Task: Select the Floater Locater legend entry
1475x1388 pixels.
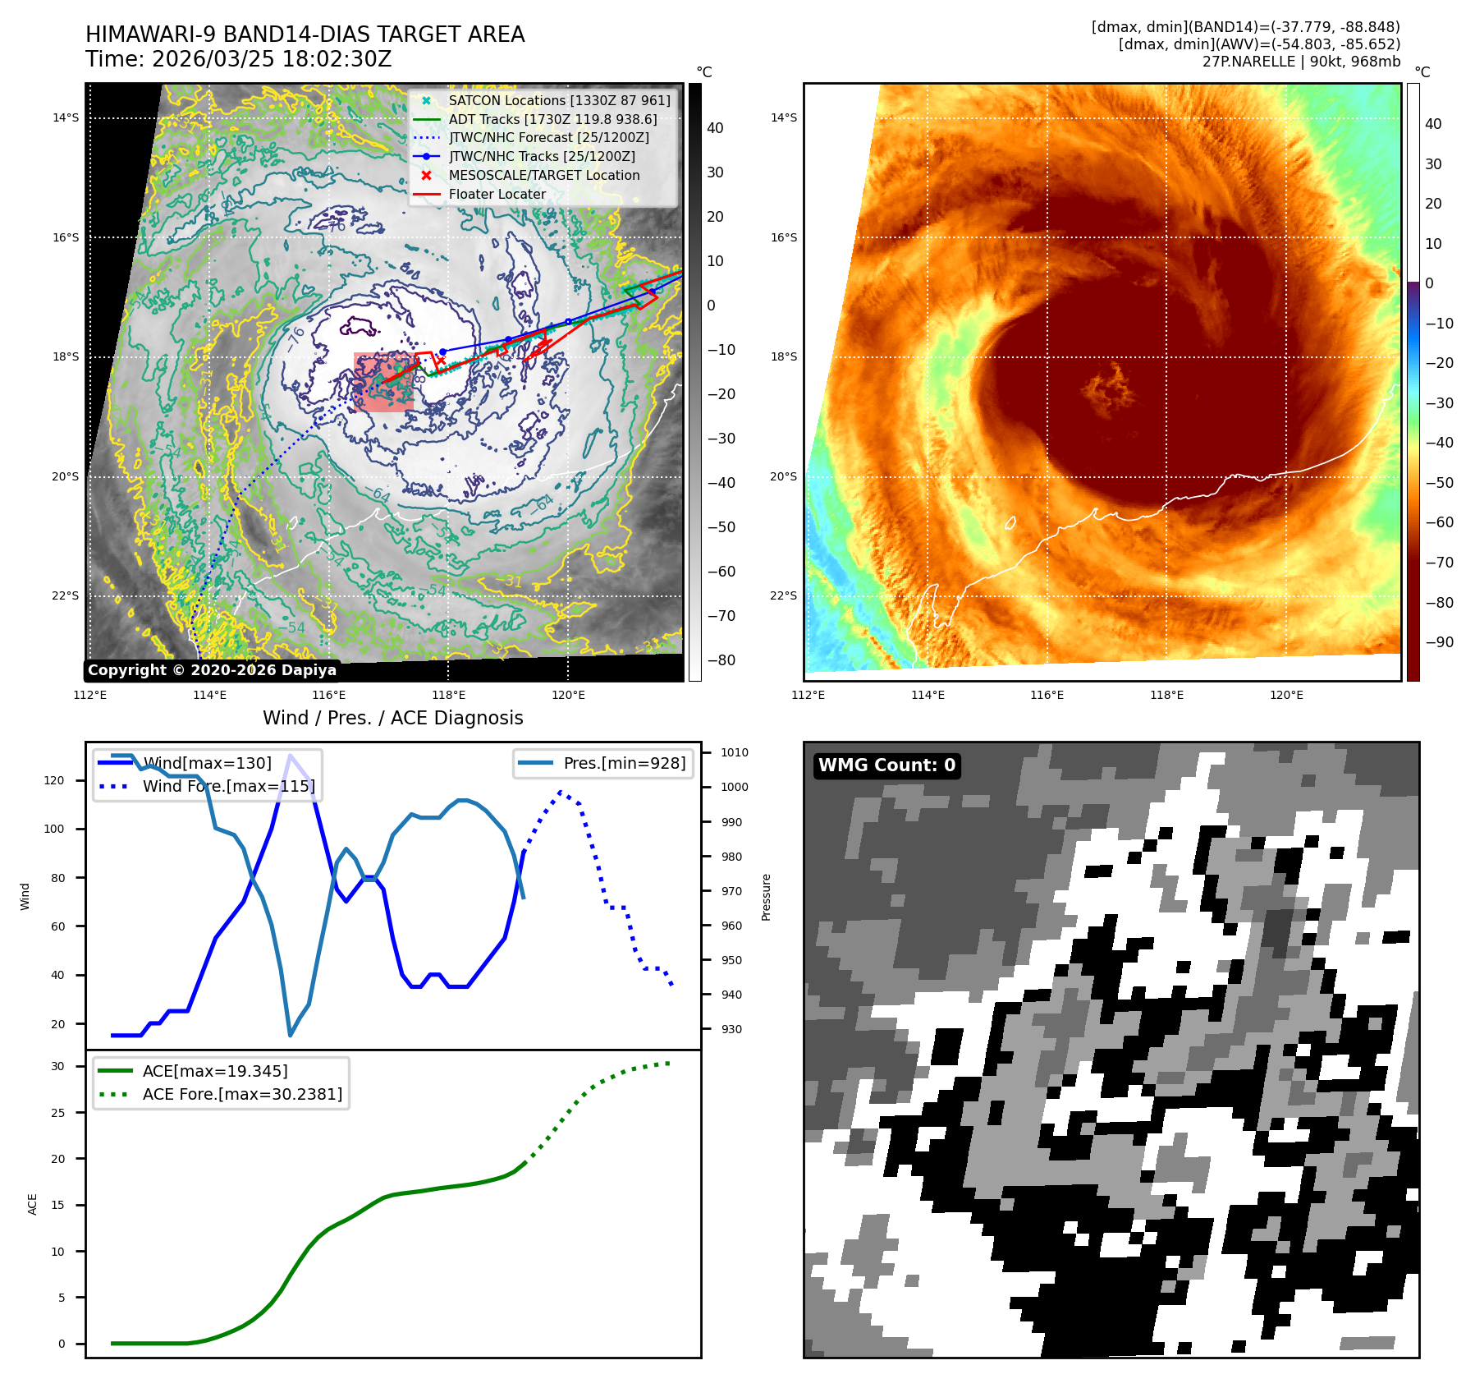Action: click(497, 195)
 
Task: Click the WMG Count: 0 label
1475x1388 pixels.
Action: click(886, 765)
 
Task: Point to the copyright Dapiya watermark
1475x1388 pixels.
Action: click(212, 670)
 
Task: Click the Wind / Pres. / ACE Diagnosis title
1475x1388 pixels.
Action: click(392, 718)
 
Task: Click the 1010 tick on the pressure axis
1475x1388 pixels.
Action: click(735, 752)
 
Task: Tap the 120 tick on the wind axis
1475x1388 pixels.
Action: click(54, 780)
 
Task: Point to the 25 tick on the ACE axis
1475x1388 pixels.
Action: click(57, 1113)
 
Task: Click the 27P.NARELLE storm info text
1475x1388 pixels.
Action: click(1301, 62)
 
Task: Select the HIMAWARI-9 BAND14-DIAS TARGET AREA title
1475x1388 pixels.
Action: click(305, 34)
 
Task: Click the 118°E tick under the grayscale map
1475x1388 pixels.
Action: click(448, 695)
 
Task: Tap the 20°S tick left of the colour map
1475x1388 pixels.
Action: click(783, 476)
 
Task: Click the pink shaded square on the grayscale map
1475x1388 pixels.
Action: click(383, 382)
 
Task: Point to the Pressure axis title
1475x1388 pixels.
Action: click(766, 897)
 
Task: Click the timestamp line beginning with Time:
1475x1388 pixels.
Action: click(238, 59)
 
